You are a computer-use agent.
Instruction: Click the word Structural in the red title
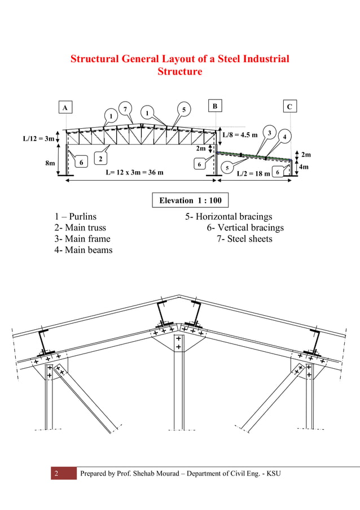[95, 59]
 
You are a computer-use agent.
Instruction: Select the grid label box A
[65, 107]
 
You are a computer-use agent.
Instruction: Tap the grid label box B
[214, 106]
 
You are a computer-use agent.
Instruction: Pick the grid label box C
[289, 107]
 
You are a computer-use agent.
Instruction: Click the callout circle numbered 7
[125, 108]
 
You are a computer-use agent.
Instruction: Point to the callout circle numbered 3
[270, 133]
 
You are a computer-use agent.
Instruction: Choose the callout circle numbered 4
[285, 137]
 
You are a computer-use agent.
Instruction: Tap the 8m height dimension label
[50, 163]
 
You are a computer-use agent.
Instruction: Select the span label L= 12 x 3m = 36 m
[134, 172]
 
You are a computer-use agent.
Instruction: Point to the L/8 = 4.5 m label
[240, 135]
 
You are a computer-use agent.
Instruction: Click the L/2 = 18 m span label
[253, 173]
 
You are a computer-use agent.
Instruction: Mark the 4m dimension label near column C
[304, 167]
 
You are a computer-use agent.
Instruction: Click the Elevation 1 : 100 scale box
[190, 200]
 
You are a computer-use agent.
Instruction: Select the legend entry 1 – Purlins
[76, 216]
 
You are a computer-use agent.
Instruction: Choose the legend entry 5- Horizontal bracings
[229, 216]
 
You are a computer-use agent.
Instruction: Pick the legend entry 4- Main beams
[84, 250]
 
